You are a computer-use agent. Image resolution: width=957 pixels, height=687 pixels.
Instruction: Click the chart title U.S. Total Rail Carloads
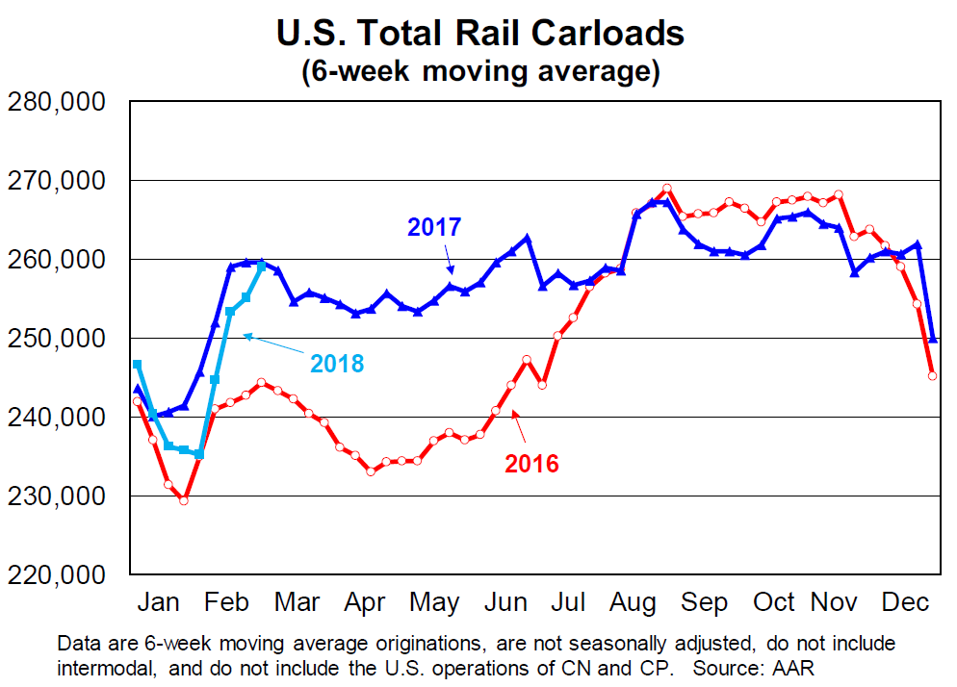click(479, 34)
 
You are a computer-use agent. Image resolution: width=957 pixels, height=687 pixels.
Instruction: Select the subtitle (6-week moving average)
click(479, 72)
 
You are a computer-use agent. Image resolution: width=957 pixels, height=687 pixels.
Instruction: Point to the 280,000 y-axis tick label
click(56, 102)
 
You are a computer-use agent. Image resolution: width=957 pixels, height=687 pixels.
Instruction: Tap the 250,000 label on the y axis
click(56, 339)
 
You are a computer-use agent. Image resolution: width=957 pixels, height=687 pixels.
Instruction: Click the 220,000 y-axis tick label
click(56, 574)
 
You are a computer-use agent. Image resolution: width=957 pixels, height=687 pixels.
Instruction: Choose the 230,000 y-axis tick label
click(56, 496)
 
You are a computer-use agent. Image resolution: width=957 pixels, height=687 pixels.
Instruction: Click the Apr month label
click(365, 603)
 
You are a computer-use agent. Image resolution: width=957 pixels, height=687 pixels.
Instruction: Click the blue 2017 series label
click(434, 228)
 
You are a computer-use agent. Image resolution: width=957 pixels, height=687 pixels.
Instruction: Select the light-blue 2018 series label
click(337, 364)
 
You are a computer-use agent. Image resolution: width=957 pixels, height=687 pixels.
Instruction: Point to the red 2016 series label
click(531, 464)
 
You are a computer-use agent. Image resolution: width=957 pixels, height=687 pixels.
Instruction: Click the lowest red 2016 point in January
click(183, 500)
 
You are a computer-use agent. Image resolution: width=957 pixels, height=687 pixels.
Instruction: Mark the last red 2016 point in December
click(932, 375)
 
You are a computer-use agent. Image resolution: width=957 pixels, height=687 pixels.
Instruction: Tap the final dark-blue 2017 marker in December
click(932, 339)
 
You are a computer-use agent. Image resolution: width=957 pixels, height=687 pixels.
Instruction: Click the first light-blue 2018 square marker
click(138, 364)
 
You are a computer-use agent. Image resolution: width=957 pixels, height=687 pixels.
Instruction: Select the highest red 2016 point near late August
click(666, 188)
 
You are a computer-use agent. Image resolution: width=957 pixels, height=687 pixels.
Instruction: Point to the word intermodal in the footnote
click(103, 665)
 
